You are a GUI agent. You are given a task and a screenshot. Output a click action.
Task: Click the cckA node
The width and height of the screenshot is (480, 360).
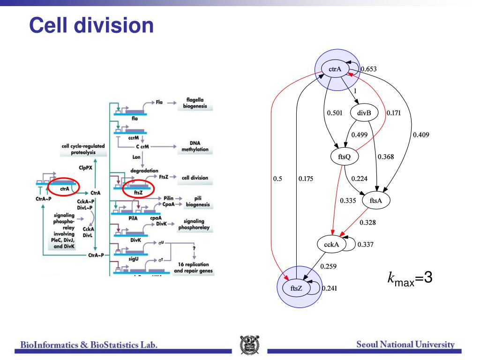(332, 244)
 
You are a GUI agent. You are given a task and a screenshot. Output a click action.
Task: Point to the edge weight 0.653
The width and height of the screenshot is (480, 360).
(368, 69)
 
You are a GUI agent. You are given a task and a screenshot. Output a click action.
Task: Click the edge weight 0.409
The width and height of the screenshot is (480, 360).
(420, 135)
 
